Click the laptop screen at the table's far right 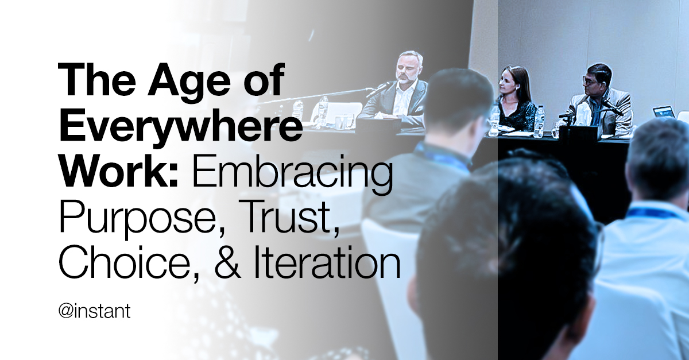[x=664, y=112]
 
